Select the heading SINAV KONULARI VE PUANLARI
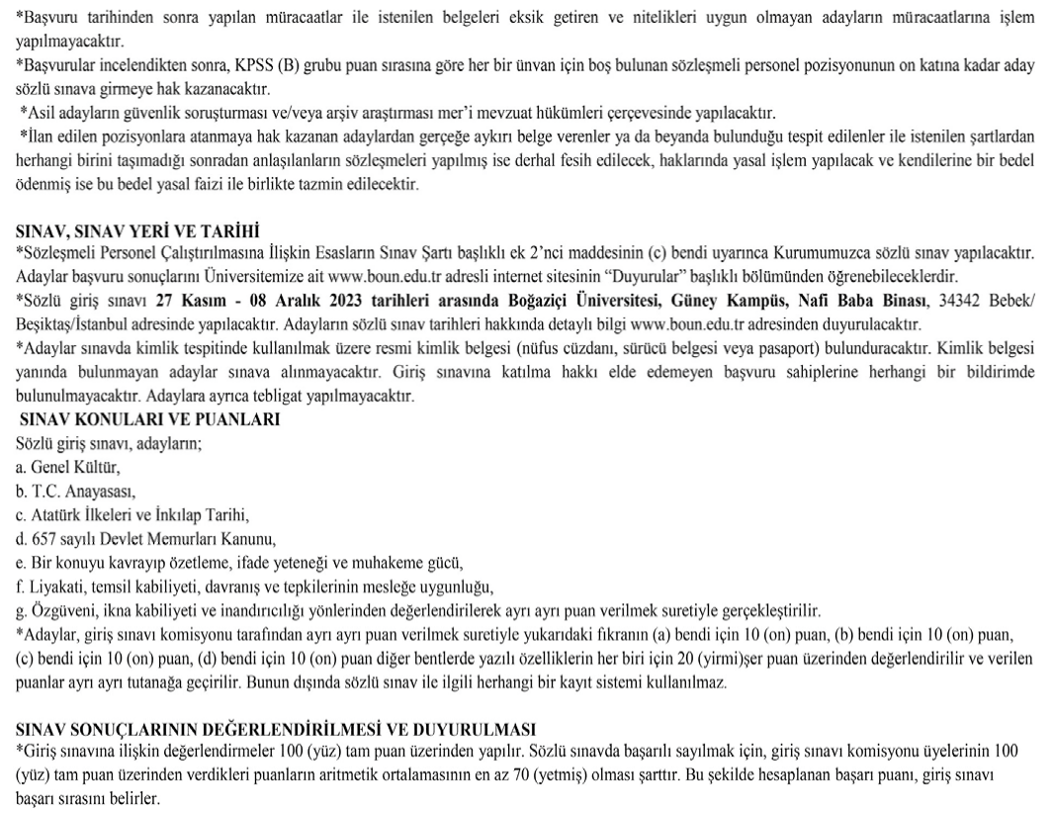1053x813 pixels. pos(148,418)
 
